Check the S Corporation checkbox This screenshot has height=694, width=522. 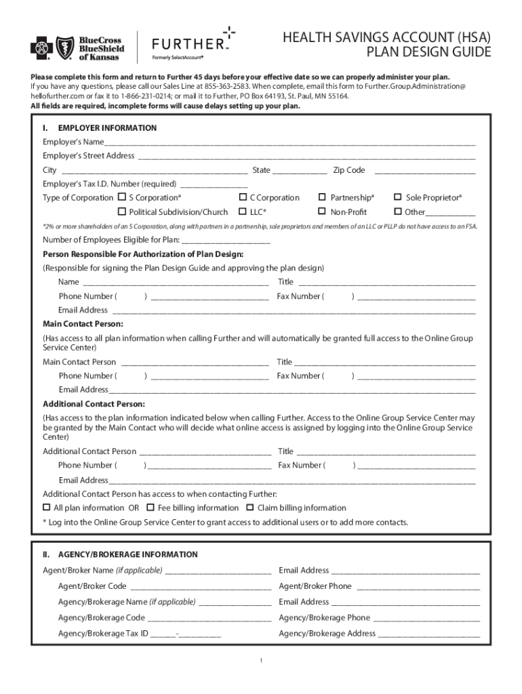[122, 197]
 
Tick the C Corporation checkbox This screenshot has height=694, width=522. [243, 197]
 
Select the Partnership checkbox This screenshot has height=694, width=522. [323, 197]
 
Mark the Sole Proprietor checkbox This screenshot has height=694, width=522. [398, 197]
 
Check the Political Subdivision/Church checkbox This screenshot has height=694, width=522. [122, 211]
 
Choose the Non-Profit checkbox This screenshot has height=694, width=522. [323, 211]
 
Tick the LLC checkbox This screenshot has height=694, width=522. [243, 211]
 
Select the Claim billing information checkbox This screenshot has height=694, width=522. [250, 508]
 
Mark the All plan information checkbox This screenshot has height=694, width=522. [47, 508]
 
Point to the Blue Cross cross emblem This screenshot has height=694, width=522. [41, 48]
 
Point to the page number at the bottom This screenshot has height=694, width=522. [260, 661]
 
